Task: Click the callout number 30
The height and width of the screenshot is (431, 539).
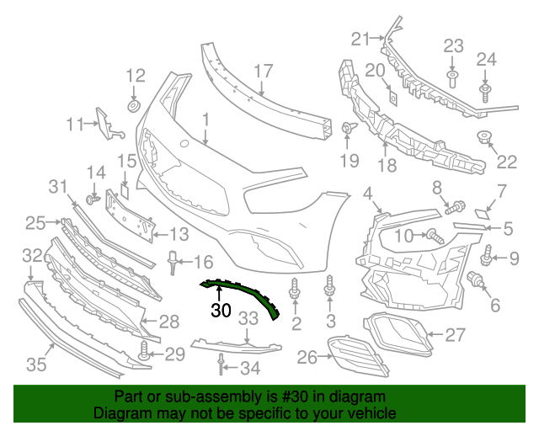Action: (221, 310)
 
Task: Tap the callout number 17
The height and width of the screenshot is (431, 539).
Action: (264, 71)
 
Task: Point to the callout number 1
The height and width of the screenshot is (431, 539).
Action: (205, 122)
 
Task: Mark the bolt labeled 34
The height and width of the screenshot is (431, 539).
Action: (221, 363)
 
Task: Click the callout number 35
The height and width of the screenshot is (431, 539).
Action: (35, 364)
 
